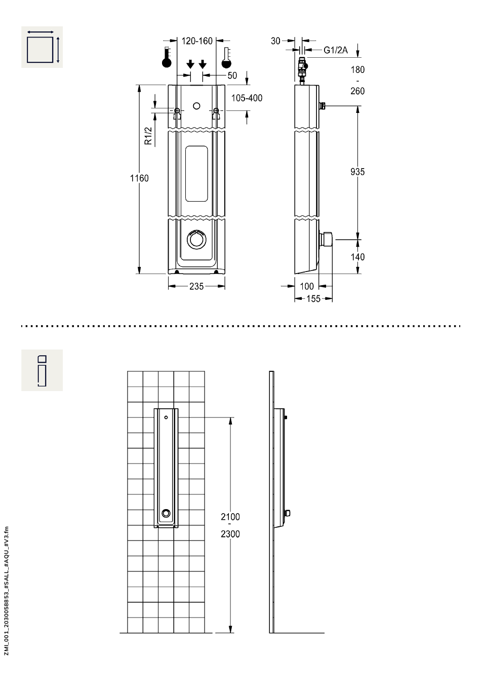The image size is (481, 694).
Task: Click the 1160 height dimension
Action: [x=139, y=178]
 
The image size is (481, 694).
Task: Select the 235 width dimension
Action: [x=196, y=286]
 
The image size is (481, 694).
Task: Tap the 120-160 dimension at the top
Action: [x=196, y=41]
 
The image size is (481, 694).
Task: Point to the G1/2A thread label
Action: [x=335, y=50]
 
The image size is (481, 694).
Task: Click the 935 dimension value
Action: [x=357, y=172]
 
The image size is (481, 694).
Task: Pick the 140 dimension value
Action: [x=357, y=257]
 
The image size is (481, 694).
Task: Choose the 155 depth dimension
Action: [x=313, y=299]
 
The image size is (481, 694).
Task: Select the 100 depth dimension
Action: [x=307, y=286]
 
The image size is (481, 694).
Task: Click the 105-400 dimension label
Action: [x=247, y=98]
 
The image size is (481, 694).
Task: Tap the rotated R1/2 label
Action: [x=148, y=136]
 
